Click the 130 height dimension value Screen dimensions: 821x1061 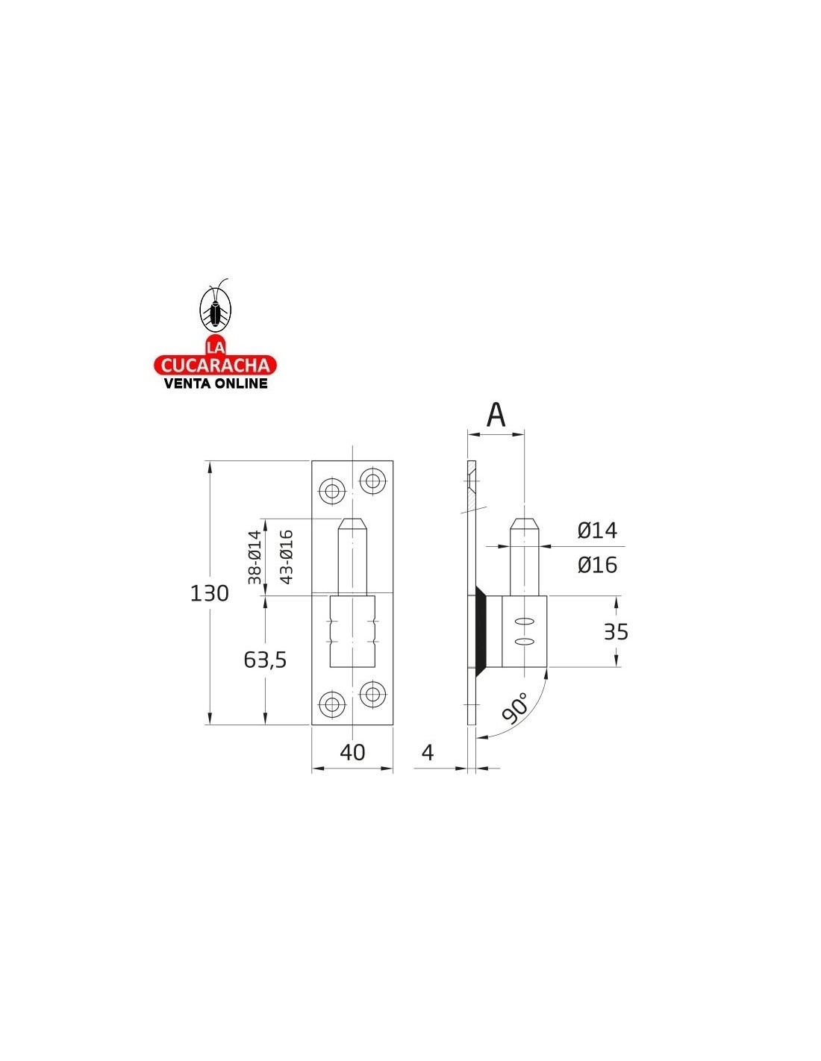209,593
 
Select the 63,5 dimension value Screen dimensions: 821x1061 265,660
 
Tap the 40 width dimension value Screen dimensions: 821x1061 352,752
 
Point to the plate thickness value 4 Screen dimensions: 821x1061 428,752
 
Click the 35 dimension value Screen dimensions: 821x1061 616,632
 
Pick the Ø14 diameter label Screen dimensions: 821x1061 597,530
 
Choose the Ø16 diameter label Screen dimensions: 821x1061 597,565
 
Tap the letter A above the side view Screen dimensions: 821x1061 496,416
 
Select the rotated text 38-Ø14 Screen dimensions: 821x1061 255,557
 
